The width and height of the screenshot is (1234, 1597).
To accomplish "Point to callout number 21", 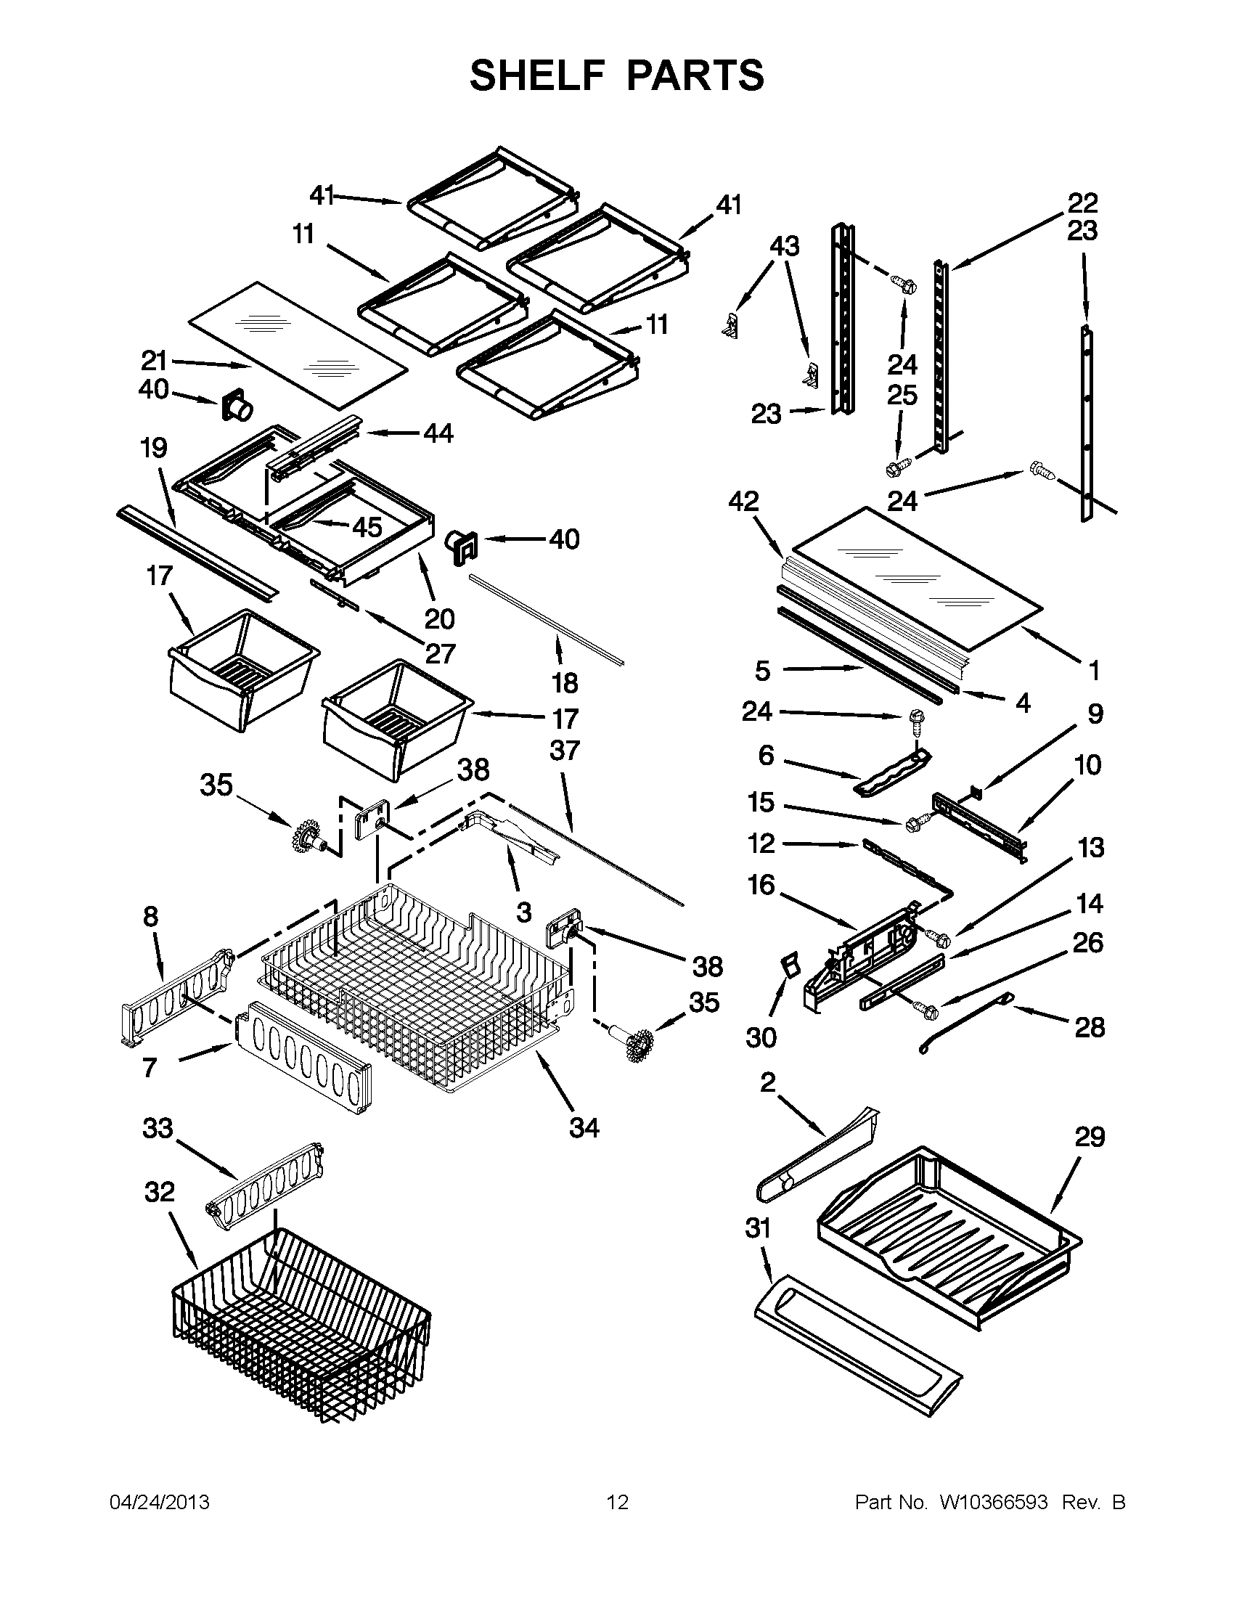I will [x=154, y=361].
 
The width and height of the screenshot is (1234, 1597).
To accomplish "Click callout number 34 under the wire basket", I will [x=584, y=1127].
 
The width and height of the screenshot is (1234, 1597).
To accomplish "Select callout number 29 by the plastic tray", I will [x=1090, y=1137].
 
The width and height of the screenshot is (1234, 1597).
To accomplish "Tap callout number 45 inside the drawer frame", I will [x=367, y=526].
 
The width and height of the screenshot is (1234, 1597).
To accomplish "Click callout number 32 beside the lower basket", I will [x=160, y=1193].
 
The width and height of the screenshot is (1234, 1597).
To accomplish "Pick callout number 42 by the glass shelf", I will [x=743, y=502].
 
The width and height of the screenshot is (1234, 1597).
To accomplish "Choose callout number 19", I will [x=153, y=447].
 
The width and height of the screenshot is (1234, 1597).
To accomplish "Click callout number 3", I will [x=523, y=912].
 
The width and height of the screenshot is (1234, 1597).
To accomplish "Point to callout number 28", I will [x=1090, y=1027].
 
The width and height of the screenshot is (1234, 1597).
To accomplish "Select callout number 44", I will [x=438, y=433].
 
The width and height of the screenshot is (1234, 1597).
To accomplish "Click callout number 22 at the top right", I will [x=1083, y=203].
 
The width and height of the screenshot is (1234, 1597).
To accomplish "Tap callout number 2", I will [x=767, y=1082].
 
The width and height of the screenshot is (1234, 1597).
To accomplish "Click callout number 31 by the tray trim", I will [x=758, y=1228].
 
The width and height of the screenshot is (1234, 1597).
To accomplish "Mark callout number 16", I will [x=761, y=885].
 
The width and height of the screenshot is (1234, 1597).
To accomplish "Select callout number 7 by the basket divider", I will [x=149, y=1068].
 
